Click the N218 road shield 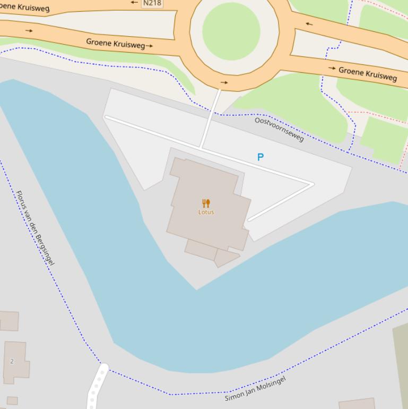[152, 3]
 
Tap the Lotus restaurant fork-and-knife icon [206, 203]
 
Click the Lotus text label [206, 212]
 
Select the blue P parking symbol [261, 157]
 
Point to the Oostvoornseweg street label [279, 129]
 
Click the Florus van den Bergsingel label [36, 227]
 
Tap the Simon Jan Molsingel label [255, 388]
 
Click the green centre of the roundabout [231, 30]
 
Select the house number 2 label [12, 361]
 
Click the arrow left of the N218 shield [134, 3]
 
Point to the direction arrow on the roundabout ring [224, 82]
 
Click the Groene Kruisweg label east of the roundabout [367, 74]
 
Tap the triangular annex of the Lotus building [225, 258]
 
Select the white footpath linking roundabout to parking [211, 118]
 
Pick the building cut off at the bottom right [358, 404]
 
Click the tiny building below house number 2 [12, 401]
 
